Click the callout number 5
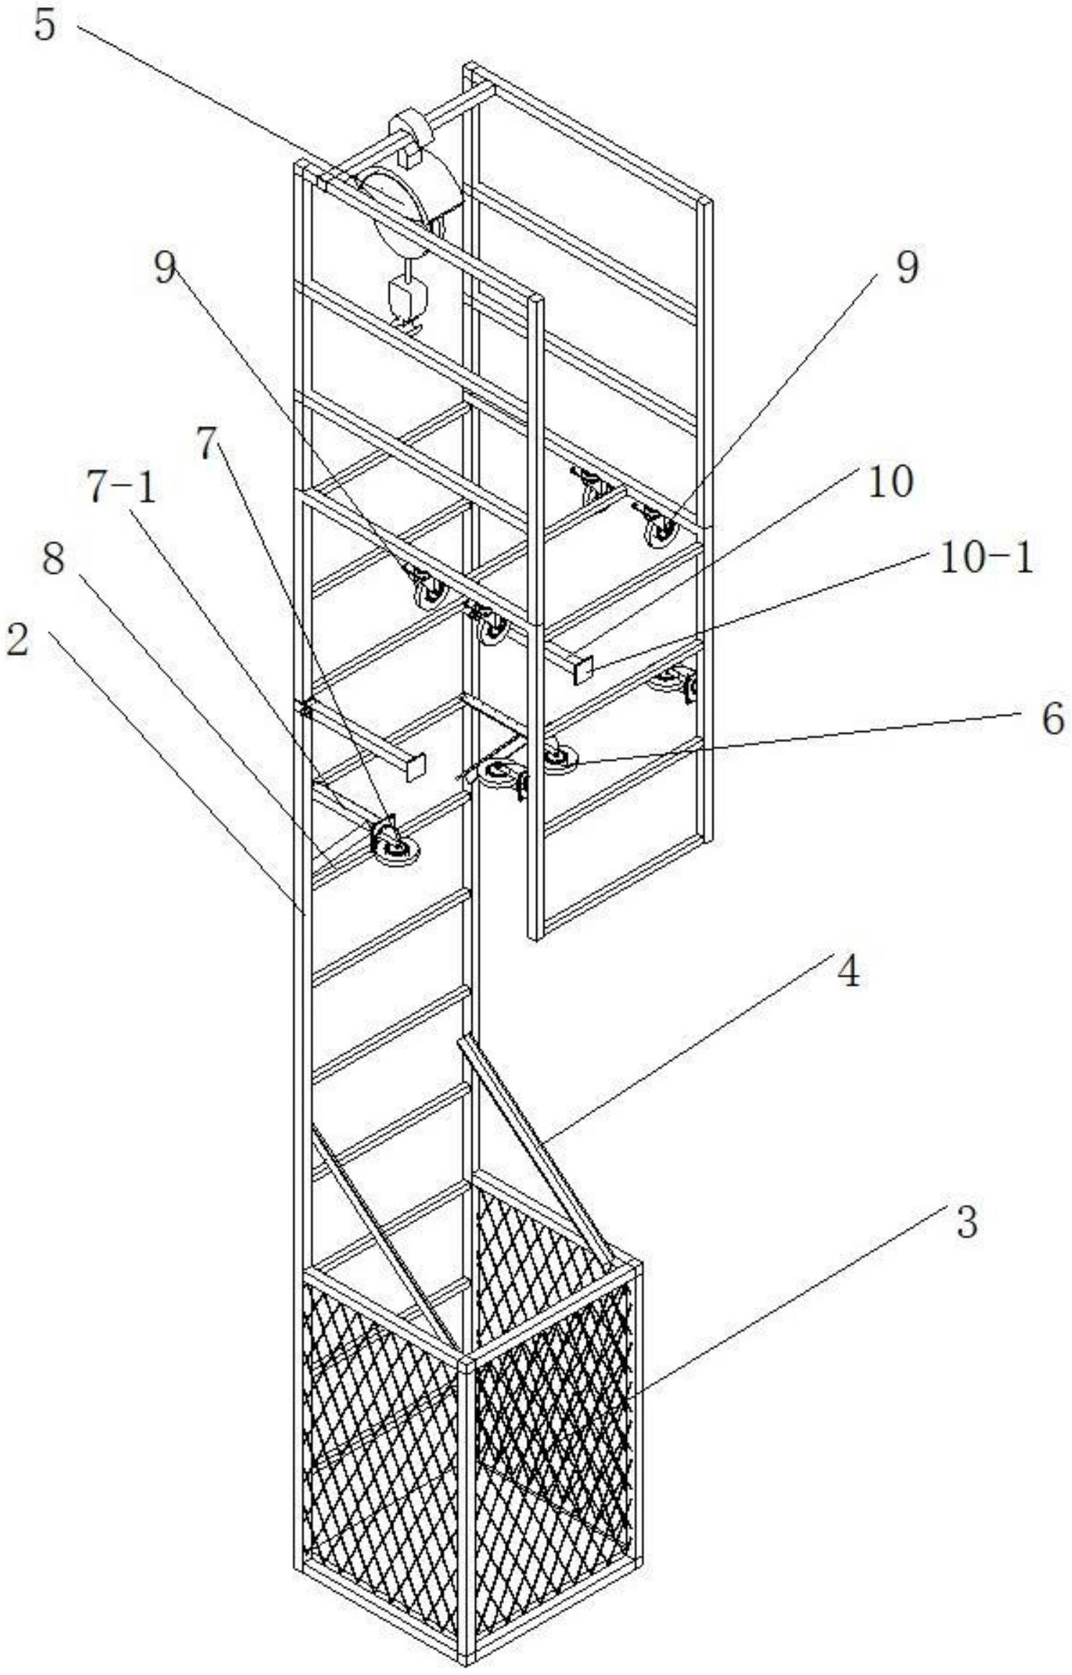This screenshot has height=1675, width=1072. tap(45, 27)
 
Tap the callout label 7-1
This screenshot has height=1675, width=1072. tap(121, 490)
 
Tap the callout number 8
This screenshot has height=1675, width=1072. tap(53, 559)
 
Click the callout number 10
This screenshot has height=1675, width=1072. tap(890, 481)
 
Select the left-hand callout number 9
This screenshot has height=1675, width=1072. tap(165, 268)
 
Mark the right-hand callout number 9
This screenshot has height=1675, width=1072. tap(907, 268)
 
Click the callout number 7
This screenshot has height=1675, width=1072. tap(207, 445)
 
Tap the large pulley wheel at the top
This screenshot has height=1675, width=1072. tap(403, 212)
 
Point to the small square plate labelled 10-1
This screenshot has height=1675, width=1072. tap(583, 669)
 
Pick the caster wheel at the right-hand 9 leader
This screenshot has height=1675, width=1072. tap(661, 531)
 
